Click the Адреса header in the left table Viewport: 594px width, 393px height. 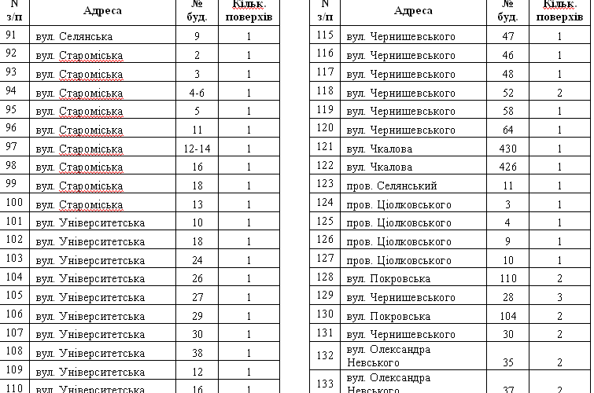[102, 10]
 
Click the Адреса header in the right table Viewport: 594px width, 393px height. [413, 10]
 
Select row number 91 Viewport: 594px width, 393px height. [11, 35]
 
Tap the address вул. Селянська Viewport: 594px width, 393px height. [74, 36]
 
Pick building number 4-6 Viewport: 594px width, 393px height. [197, 92]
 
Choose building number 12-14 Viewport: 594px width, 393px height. [197, 148]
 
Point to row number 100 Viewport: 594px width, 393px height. [13, 204]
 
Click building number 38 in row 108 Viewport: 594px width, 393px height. [197, 353]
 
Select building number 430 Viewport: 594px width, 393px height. [507, 148]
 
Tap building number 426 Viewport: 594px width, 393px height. [507, 167]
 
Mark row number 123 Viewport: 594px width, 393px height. [325, 185]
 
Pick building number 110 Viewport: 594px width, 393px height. [507, 279]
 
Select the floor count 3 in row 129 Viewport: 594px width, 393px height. [559, 298]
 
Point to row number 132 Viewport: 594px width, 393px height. [325, 355]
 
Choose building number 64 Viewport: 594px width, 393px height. [507, 130]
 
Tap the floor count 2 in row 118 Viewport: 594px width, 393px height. [559, 92]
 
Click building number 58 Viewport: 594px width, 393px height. [507, 111]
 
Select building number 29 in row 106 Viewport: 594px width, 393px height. [197, 315]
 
